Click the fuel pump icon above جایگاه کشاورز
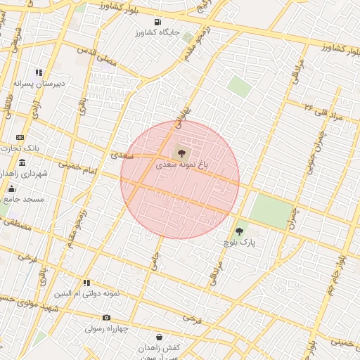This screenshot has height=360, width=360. coord(157,22)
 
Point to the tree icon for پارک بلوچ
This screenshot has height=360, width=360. coord(239,231)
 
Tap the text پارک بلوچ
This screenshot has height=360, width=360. coord(238,243)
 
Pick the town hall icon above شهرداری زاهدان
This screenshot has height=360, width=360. coord(22,162)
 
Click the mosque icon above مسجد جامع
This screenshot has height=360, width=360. coord(11,188)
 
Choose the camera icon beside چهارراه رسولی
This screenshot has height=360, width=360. coord(106,318)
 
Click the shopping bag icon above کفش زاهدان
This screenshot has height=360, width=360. coord(159,337)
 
